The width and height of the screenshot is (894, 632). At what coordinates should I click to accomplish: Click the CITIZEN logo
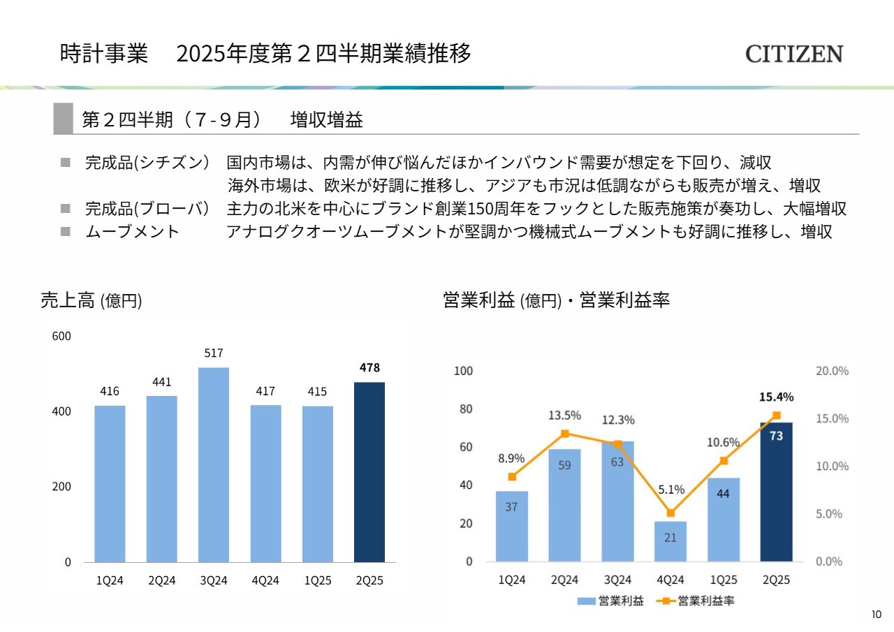794,54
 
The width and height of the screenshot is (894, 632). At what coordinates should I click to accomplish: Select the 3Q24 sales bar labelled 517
214,464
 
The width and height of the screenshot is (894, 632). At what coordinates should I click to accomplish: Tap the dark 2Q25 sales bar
369,471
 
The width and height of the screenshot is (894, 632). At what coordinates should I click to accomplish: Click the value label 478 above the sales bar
369,367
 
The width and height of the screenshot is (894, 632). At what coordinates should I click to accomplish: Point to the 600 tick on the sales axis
62,337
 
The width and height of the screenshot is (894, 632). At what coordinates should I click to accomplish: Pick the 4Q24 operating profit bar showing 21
670,541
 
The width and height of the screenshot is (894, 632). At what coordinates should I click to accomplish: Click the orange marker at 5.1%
670,513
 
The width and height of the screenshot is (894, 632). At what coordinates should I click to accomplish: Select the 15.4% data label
777,397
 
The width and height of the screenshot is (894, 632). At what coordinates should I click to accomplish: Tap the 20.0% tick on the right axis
832,371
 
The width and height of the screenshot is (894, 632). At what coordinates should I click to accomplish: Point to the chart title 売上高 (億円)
91,301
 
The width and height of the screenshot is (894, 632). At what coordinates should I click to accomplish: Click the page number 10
877,615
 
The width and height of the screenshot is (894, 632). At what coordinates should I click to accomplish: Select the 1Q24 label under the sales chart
110,581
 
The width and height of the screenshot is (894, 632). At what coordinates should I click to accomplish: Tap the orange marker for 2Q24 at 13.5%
565,433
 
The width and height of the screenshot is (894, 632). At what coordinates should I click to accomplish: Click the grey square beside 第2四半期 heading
64,119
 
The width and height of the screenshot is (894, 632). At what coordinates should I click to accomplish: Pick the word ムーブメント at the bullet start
133,232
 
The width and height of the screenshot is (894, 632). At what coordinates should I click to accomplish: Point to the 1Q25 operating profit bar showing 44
724,520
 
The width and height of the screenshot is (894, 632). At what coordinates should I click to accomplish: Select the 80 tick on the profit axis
464,409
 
